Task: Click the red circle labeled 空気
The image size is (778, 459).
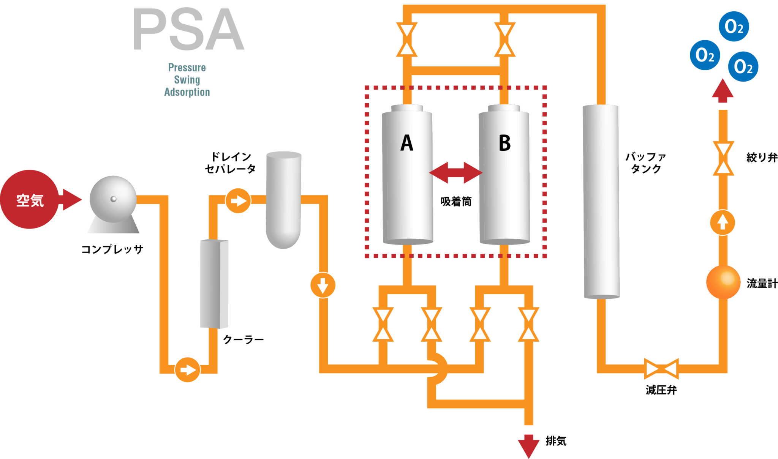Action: [29, 199]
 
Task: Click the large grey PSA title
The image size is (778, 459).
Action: [188, 30]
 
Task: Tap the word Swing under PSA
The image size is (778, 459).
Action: [187, 80]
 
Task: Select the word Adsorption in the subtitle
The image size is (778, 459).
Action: [187, 92]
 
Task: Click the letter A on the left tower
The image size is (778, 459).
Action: [406, 143]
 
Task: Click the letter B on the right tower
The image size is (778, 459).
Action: [504, 143]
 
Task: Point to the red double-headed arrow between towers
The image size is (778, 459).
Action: [455, 173]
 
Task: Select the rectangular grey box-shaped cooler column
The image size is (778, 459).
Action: [214, 284]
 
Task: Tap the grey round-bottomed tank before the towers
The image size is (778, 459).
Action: [284, 199]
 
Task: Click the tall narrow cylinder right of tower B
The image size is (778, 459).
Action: [601, 201]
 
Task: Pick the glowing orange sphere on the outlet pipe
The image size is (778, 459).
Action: [723, 282]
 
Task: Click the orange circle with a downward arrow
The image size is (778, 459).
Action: [323, 285]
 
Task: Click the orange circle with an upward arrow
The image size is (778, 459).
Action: [723, 222]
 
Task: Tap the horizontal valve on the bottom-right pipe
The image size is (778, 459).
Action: [662, 369]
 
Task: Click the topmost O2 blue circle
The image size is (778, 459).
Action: [734, 27]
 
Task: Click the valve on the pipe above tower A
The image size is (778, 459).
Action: [406, 39]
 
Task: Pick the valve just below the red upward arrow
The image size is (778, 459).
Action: [723, 158]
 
